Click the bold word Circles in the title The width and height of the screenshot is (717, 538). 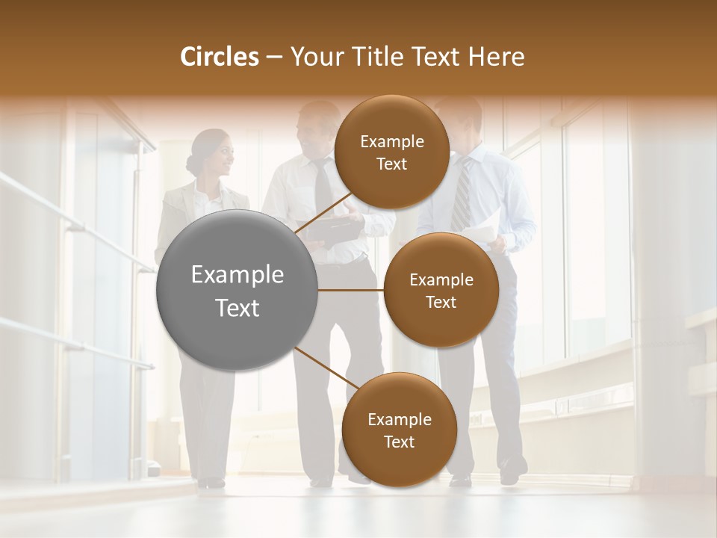tap(219, 57)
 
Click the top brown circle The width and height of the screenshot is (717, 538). tap(391, 152)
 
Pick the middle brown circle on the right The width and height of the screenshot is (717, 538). tap(441, 290)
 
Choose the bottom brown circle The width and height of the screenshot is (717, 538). tap(399, 430)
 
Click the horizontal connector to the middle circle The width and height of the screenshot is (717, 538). tap(351, 290)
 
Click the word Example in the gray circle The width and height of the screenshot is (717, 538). tap(238, 275)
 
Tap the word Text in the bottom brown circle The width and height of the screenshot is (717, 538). tap(399, 442)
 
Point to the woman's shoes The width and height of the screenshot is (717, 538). tap(211, 482)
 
